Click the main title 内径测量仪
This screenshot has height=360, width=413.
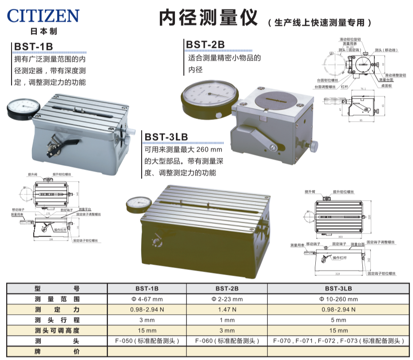pyautogui.click(x=208, y=18)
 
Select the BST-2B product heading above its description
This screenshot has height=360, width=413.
pyautogui.click(x=205, y=44)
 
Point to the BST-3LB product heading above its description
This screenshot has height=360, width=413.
pyautogui.click(x=166, y=138)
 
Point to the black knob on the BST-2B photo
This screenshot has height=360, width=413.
pyautogui.click(x=314, y=146)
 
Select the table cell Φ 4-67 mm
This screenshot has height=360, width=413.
pyautogui.click(x=147, y=299)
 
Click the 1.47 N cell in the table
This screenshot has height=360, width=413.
pyautogui.click(x=226, y=309)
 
